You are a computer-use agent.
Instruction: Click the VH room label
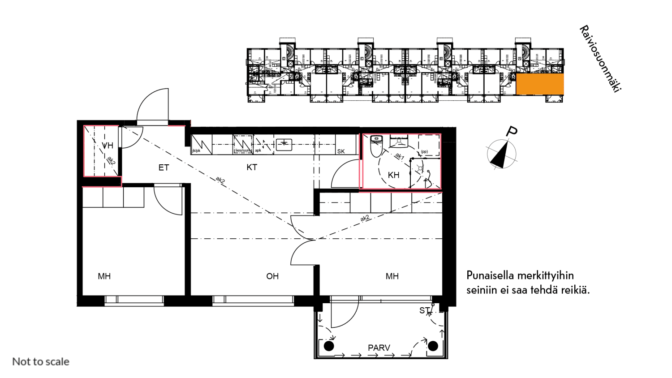pos(108,146)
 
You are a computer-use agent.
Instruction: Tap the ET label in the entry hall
pos(164,168)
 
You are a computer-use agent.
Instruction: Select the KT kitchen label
pos(252,168)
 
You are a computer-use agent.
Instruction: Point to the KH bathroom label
pos(393,175)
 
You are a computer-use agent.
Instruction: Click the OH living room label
pos(272,276)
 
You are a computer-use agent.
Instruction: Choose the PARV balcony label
pos(379,348)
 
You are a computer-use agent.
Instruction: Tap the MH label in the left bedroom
pos(104,276)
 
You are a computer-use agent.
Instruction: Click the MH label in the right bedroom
pos(392,276)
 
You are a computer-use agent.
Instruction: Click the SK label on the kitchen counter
pos(341,151)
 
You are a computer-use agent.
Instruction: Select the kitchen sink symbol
pos(284,144)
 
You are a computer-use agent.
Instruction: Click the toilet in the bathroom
pos(376,146)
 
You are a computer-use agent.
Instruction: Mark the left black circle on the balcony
pos(329,346)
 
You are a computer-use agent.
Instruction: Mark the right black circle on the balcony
pos(433,346)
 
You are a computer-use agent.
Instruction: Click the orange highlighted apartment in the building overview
pos(540,84)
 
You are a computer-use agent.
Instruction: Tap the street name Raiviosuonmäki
pos(600,59)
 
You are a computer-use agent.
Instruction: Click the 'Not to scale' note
pos(41,362)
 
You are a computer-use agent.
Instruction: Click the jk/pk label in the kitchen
pos(196,151)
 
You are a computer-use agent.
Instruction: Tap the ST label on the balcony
pos(424,310)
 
